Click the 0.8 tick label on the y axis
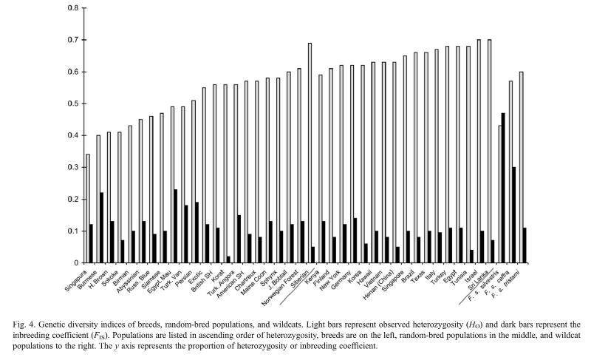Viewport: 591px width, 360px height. point(72,8)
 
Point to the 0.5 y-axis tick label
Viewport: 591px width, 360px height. point(72,103)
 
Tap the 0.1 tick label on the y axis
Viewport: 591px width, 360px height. point(72,231)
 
